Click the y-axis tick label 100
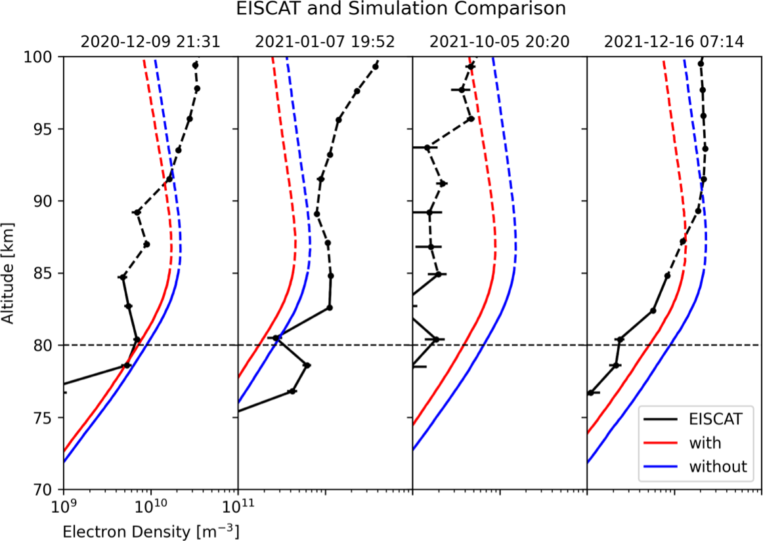tap(44, 57)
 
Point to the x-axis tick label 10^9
tap(64, 505)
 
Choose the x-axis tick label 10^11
tap(238, 505)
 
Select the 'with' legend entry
tap(705, 443)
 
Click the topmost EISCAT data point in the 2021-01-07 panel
tap(376, 66)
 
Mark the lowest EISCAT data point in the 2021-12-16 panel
tap(591, 393)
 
